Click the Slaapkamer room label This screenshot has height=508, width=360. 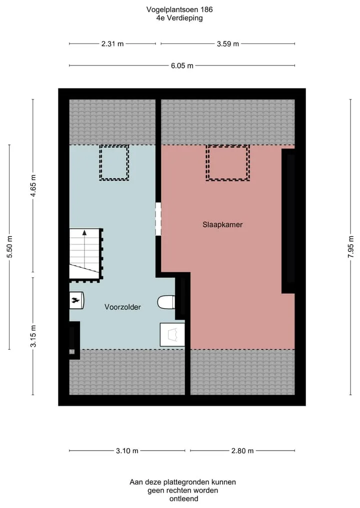click(222, 224)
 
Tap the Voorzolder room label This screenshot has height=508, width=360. click(122, 307)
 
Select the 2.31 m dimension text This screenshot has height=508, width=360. click(112, 44)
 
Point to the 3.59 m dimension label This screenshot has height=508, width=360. click(228, 44)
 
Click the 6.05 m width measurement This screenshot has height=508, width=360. click(182, 66)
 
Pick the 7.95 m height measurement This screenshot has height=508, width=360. click(351, 247)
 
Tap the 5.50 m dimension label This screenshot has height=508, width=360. click(9, 247)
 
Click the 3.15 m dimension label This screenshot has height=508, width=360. click(33, 336)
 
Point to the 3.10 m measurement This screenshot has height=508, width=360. click(127, 451)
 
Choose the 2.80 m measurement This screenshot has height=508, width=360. click(242, 451)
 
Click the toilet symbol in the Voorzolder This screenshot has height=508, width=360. click(166, 302)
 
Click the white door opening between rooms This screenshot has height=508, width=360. click(158, 219)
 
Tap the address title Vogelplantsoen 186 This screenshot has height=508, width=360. click(179, 9)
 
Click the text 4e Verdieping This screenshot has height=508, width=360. click(179, 18)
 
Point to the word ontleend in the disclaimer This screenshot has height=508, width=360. click(183, 499)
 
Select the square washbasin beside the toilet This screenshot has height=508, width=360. click(172, 334)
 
